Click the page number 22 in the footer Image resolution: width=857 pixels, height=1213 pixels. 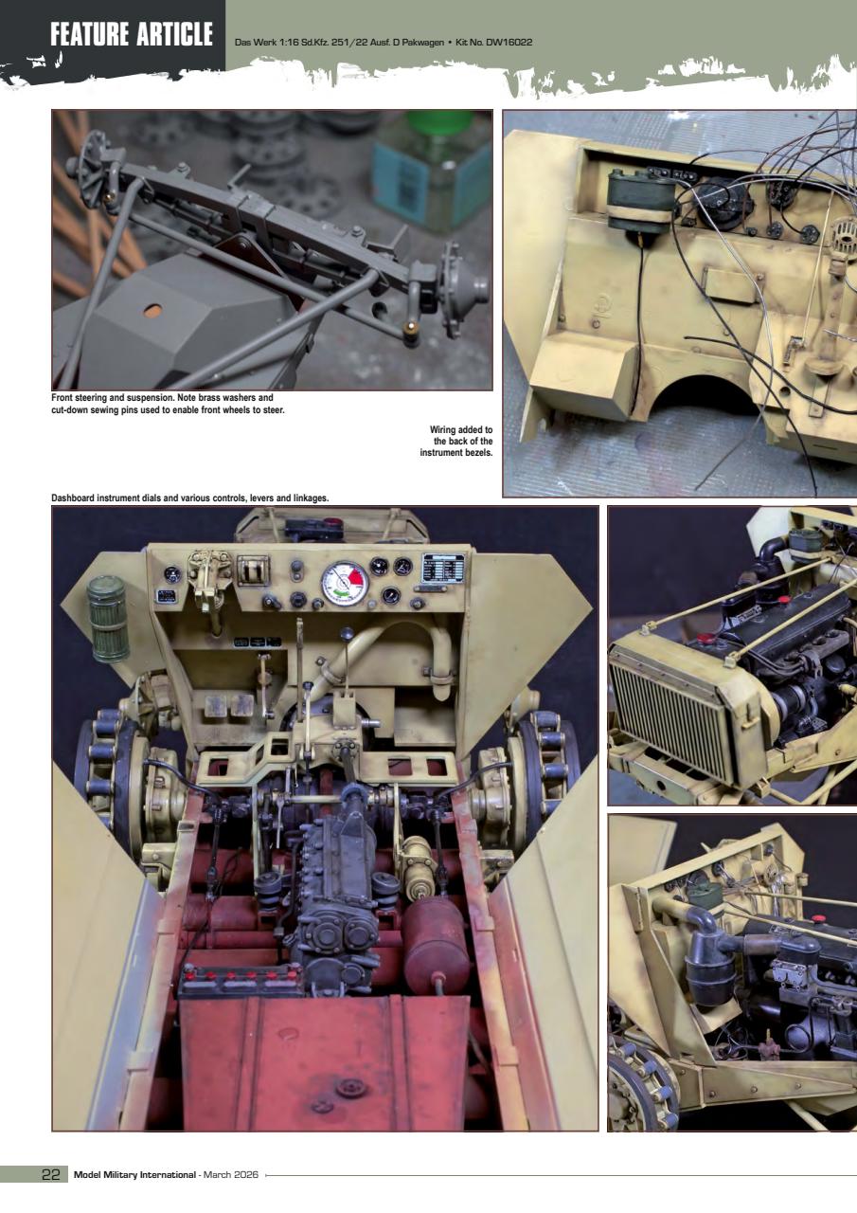(x=51, y=1175)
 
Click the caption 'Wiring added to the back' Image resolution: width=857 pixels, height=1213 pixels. (x=456, y=442)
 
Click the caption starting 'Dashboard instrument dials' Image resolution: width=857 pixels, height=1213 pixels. (x=189, y=498)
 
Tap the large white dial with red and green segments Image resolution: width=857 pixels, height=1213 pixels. (x=344, y=583)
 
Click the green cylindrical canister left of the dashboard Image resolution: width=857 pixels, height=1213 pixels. (x=108, y=618)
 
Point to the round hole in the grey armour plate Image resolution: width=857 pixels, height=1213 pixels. (x=152, y=309)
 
